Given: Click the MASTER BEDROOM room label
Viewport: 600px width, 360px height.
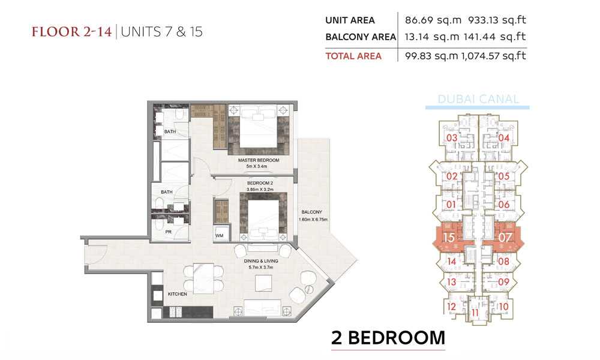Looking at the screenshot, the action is tap(258, 160).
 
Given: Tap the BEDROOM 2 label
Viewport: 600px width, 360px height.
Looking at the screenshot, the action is tap(260, 183).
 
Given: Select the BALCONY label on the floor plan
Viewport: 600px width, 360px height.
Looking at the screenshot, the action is tap(311, 212).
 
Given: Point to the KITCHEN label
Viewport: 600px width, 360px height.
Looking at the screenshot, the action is tap(177, 294).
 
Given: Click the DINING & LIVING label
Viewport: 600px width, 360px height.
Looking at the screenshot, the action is tap(261, 261).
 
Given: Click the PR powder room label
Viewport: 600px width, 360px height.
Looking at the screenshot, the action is tap(169, 232).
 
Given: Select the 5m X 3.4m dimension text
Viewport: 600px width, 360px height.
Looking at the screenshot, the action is tap(257, 166).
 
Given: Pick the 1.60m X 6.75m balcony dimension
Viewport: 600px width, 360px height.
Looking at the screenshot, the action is tap(313, 220).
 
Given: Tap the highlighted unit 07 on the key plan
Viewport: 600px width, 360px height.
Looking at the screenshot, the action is tap(505, 238).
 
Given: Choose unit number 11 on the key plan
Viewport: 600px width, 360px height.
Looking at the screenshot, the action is tap(475, 313).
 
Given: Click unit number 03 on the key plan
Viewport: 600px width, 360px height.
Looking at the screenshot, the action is tap(452, 138).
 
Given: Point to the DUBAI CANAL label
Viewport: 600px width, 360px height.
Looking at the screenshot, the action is tap(478, 99).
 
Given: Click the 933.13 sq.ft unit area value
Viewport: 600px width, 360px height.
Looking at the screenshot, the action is tap(497, 20).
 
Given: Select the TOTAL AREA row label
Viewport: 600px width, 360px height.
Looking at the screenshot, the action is tap(353, 56).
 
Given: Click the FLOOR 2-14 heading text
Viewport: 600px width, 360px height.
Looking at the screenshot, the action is tap(71, 31).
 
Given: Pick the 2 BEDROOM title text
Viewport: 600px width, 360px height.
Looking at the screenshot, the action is tap(388, 338).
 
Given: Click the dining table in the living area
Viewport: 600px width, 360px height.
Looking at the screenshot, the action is tap(203, 278).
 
